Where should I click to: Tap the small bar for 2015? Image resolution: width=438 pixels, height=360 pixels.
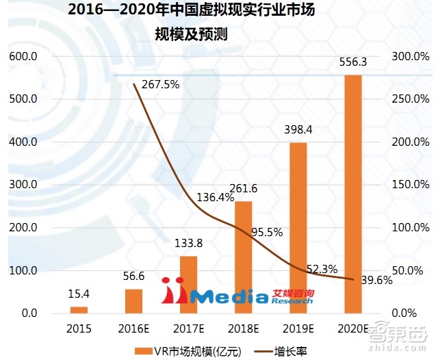coord(79,310)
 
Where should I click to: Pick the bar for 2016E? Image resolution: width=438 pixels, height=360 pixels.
coord(133,301)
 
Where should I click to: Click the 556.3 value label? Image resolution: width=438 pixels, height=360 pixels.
coord(353,62)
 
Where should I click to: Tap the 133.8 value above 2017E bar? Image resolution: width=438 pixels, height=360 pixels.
coord(188,244)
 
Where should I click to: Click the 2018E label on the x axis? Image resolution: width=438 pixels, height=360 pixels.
coord(243,327)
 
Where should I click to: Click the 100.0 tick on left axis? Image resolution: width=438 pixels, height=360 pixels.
coord(23,270)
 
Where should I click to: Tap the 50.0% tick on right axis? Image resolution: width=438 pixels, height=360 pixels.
coord(410,270)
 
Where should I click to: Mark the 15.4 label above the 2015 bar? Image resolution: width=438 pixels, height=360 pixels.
coord(79,295)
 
